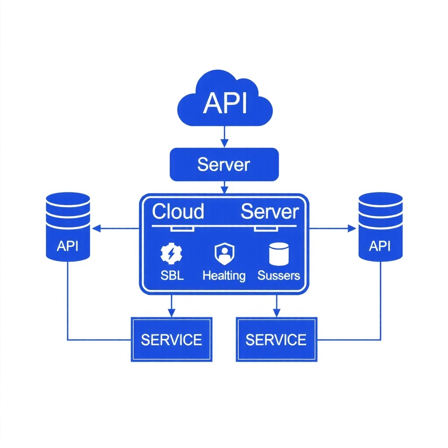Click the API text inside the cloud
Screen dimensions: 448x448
point(225,103)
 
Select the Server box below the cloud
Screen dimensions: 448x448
point(224,164)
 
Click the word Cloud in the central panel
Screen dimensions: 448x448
point(178,212)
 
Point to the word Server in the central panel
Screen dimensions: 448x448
point(270,212)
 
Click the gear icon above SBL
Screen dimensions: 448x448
point(171,254)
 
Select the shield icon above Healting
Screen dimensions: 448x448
point(224,254)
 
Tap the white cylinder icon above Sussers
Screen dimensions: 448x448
point(279,254)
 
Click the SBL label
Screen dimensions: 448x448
point(171,276)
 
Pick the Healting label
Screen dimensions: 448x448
point(224,276)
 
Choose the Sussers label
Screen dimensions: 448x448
point(279,276)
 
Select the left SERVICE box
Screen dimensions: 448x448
point(171,339)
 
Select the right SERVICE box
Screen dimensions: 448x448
point(276,339)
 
